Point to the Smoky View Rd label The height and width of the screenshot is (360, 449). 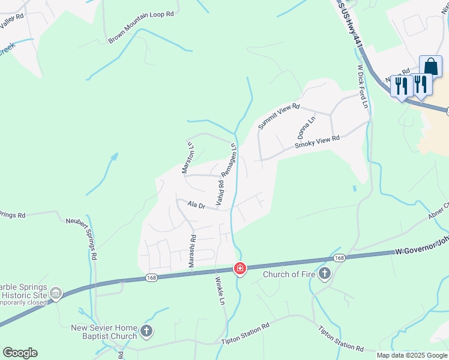point(318,142)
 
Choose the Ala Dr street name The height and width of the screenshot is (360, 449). point(196,205)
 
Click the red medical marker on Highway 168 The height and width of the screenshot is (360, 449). point(240,268)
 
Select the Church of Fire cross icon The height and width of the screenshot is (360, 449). point(325,275)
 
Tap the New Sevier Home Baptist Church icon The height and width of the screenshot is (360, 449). point(146,331)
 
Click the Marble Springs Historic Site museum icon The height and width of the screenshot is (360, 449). point(56,293)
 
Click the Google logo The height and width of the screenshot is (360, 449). point(20,353)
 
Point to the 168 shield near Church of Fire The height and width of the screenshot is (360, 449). point(340,258)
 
